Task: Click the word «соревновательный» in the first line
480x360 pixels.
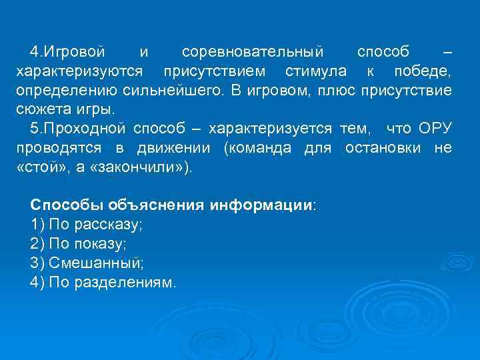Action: [x=253, y=51]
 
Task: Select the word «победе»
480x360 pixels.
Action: [x=422, y=71]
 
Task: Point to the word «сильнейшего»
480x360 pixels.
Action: [x=167, y=90]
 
